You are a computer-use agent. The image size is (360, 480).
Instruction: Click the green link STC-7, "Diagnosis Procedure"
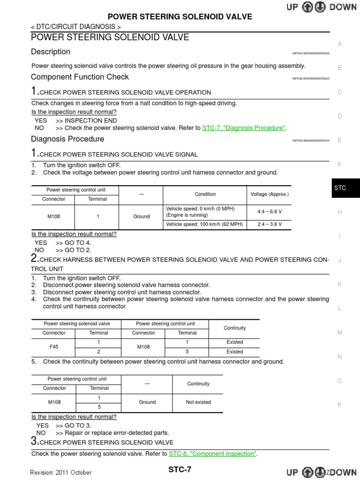[244, 128]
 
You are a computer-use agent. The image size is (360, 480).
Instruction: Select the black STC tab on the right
[340, 188]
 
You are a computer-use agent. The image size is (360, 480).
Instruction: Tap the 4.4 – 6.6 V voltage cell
[270, 211]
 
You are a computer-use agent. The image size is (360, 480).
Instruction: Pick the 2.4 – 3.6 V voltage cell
[270, 224]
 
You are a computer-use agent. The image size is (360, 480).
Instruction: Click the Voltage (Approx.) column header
[270, 194]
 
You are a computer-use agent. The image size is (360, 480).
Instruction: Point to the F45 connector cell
[54, 347]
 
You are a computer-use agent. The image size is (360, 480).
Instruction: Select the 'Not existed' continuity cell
[198, 402]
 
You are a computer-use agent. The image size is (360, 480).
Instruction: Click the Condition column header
[205, 194]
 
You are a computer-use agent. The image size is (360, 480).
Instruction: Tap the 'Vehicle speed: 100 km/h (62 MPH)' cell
[204, 224]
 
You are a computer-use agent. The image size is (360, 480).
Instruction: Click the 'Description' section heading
[51, 52]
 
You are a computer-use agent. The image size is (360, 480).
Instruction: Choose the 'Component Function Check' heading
[80, 77]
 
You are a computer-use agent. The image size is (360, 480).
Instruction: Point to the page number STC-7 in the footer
[180, 470]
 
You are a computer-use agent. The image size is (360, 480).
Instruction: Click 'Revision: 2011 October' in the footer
[61, 472]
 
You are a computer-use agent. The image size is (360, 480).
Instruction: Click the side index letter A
[340, 44]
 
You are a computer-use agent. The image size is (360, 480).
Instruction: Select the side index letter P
[340, 405]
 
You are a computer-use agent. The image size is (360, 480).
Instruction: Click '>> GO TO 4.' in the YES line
[74, 243]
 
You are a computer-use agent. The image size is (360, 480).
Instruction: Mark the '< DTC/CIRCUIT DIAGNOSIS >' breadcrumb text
[76, 27]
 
